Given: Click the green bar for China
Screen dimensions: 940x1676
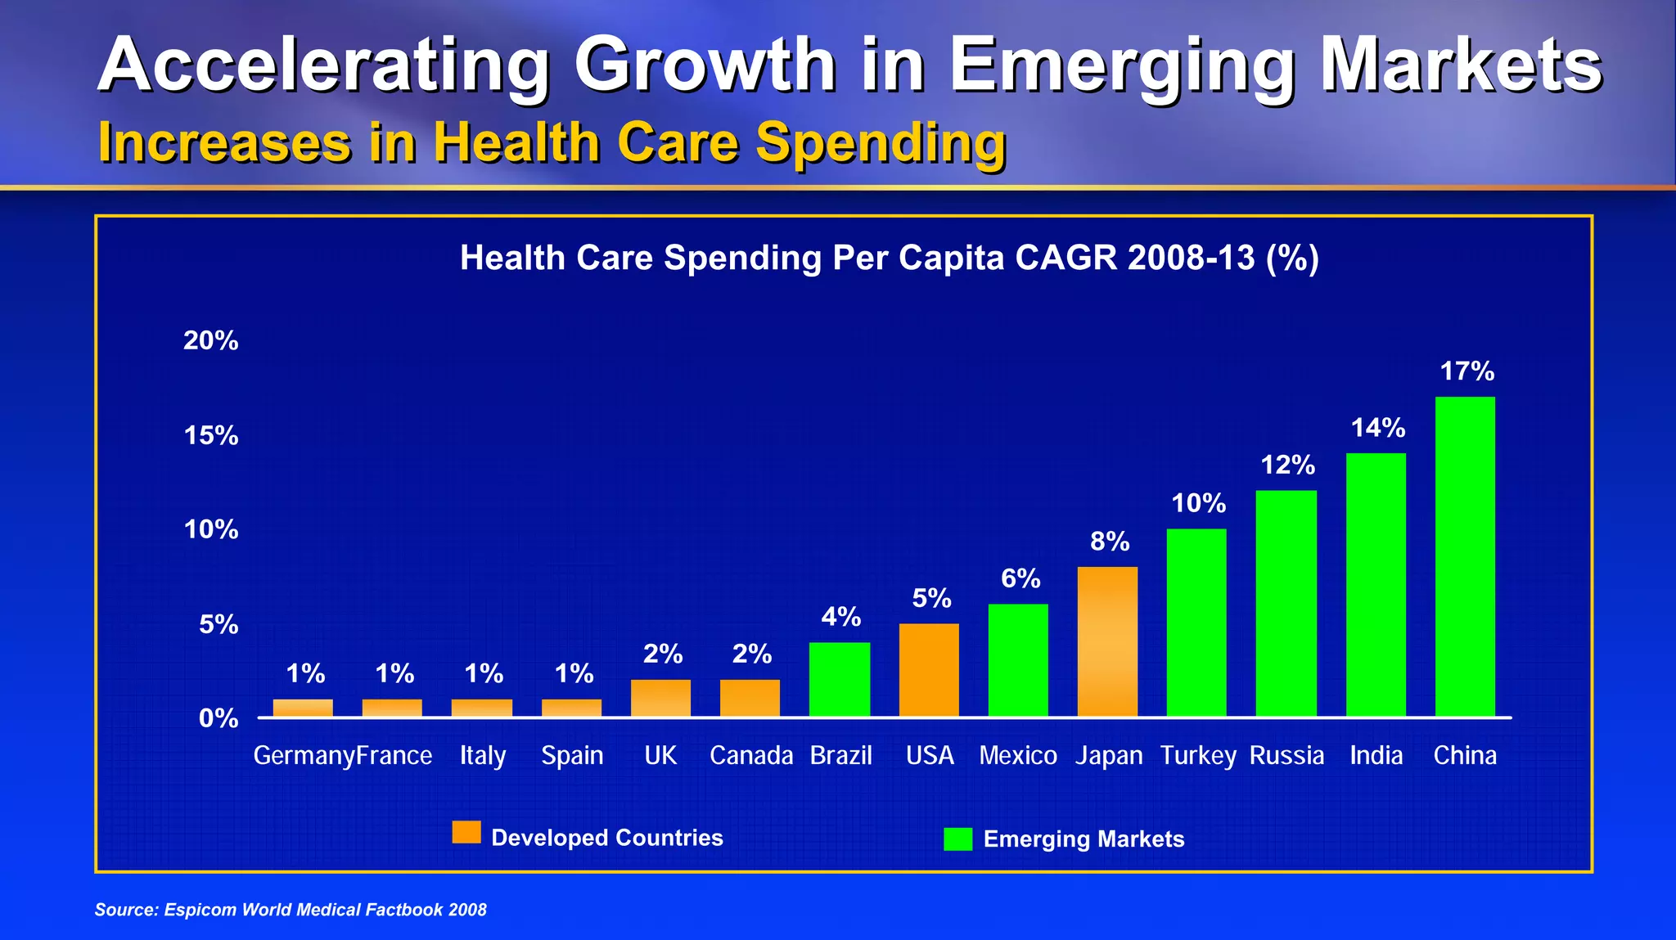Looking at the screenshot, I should click(x=1465, y=556).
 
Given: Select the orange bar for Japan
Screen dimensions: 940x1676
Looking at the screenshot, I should click(x=1107, y=641).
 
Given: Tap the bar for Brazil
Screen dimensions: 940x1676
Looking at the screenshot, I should click(x=840, y=679).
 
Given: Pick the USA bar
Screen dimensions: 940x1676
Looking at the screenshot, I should click(x=929, y=670).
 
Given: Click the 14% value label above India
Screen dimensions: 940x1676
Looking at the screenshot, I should click(x=1377, y=428).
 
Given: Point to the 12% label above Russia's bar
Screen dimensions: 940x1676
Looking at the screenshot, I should click(x=1287, y=466).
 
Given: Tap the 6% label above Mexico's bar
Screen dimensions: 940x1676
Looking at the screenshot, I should click(x=1020, y=579).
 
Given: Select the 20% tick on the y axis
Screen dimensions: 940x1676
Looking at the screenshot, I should click(x=210, y=340).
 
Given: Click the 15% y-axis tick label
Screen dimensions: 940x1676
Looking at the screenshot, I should click(x=210, y=435).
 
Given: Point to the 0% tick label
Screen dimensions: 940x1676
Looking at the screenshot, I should click(x=219, y=718).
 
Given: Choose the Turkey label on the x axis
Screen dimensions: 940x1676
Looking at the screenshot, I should click(x=1198, y=755).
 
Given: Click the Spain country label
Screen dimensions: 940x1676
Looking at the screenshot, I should click(x=572, y=755).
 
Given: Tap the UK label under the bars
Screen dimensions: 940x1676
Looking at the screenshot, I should click(x=660, y=755).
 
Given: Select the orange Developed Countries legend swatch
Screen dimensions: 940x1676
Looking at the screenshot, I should click(x=466, y=833).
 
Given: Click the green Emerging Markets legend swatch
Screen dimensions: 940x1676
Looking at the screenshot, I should click(x=957, y=839).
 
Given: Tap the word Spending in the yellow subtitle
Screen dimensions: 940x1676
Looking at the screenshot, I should click(x=881, y=143).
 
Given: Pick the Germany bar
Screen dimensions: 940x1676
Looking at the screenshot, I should click(x=303, y=708).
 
